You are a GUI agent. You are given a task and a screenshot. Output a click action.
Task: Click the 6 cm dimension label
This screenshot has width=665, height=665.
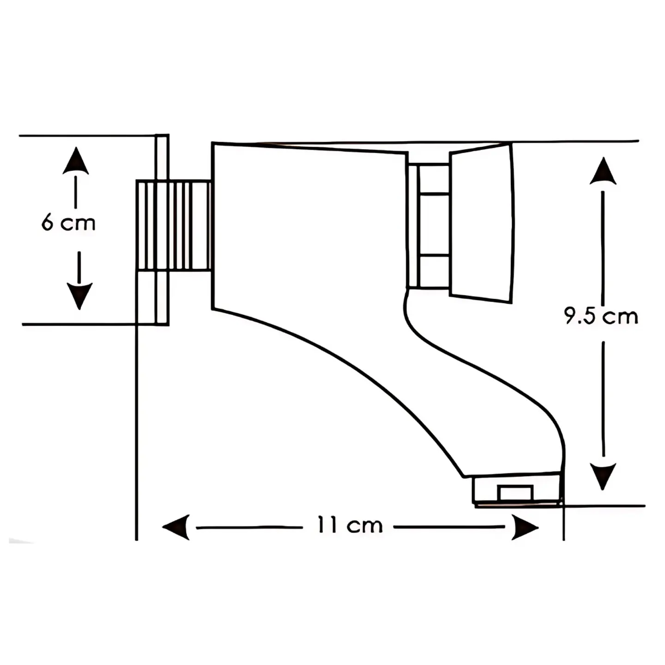pos(68,223)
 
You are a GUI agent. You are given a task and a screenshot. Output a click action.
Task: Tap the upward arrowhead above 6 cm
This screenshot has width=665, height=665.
pos(76,160)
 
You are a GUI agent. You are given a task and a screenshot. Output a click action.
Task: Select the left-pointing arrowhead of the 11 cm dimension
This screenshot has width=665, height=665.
pos(175,527)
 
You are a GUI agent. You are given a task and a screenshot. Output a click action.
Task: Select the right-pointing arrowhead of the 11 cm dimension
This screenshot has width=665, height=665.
pos(525,527)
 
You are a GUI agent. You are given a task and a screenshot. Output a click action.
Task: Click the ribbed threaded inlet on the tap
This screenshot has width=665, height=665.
pos(174,225)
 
